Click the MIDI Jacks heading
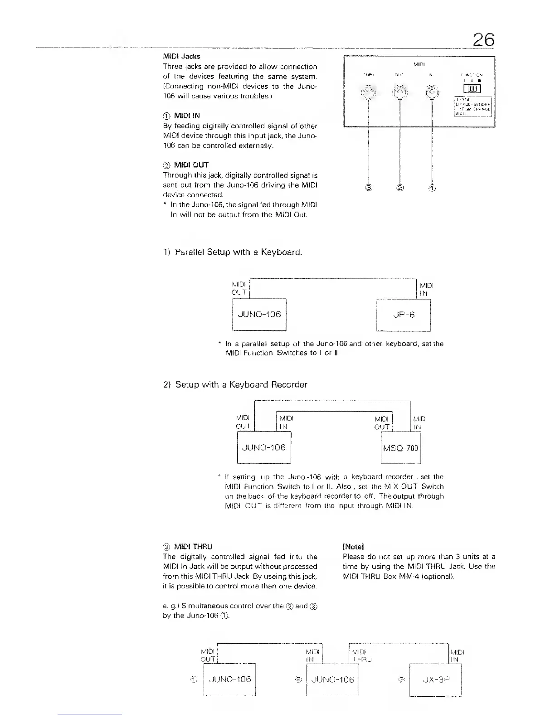pos(181,57)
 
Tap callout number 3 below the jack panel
pos(369,188)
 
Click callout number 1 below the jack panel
pos(432,188)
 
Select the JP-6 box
pos(404,315)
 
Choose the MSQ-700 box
pos(401,448)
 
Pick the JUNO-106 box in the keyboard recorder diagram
pos(264,448)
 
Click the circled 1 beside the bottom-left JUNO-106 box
pos(194,679)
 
